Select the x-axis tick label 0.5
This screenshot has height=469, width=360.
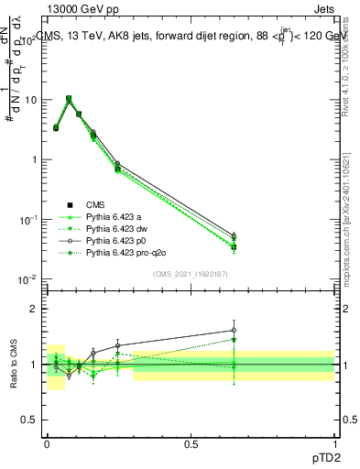[x=191, y=442]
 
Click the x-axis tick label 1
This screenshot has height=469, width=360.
[x=334, y=442]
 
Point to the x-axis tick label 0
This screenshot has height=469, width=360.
[x=47, y=442]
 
